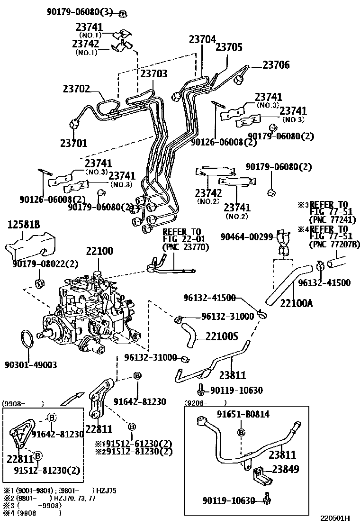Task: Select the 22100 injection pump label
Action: point(99,252)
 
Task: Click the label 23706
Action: point(276,65)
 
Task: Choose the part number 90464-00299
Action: point(247,237)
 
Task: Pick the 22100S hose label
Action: point(222,336)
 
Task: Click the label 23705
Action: point(229,47)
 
